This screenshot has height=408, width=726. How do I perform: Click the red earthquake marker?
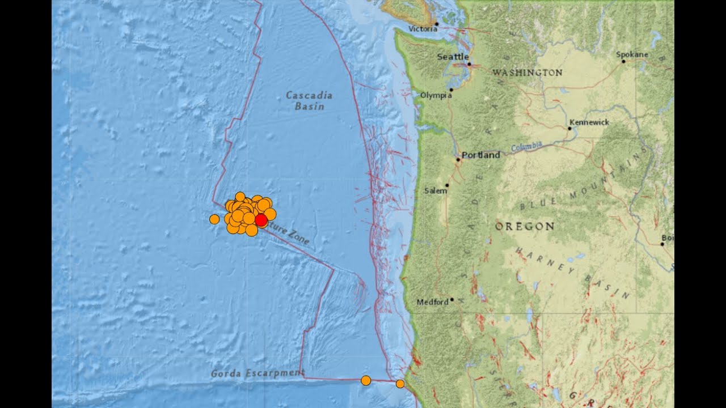(261, 220)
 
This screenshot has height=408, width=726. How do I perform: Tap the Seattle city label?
(453, 57)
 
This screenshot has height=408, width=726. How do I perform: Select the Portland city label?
(481, 155)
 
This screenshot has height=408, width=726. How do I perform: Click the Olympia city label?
(436, 95)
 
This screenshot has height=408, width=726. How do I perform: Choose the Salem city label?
(436, 191)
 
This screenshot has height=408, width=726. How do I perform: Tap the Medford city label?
(433, 302)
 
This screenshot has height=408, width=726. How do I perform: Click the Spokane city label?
(632, 54)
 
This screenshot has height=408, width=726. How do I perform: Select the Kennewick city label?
(589, 122)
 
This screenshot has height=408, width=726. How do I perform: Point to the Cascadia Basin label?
(309, 100)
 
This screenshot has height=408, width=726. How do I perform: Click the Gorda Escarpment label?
(258, 373)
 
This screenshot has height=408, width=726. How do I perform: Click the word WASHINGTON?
(527, 73)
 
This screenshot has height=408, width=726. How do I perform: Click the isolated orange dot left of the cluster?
(214, 219)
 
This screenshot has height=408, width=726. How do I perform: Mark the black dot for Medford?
(452, 300)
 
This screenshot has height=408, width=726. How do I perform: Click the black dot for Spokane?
(623, 61)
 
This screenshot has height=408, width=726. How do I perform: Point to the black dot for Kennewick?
(569, 129)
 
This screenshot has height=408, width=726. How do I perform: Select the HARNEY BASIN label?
(573, 272)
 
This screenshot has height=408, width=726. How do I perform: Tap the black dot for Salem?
(447, 185)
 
